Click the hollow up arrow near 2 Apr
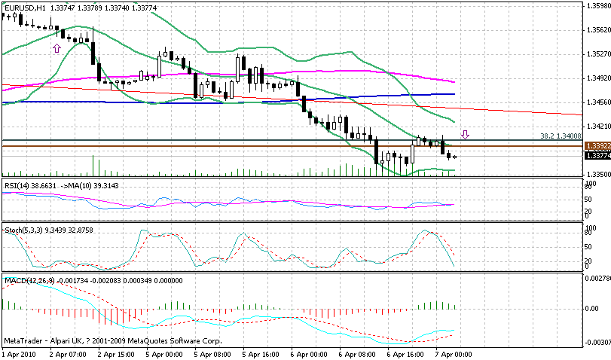tap(56, 47)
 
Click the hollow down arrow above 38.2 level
tap(466, 135)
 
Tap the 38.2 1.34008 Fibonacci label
tap(561, 136)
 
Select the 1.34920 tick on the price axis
tap(597, 78)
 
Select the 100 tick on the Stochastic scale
tap(591, 226)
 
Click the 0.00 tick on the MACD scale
tap(594, 309)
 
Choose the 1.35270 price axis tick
tap(597, 54)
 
